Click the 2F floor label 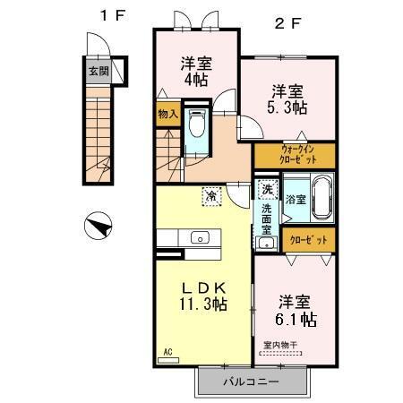(288, 24)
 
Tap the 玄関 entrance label (97, 71)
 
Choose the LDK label (203, 287)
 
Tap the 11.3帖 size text (203, 304)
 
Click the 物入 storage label (167, 116)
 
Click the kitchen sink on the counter (199, 238)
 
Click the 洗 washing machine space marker (266, 191)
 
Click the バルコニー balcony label (251, 382)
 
